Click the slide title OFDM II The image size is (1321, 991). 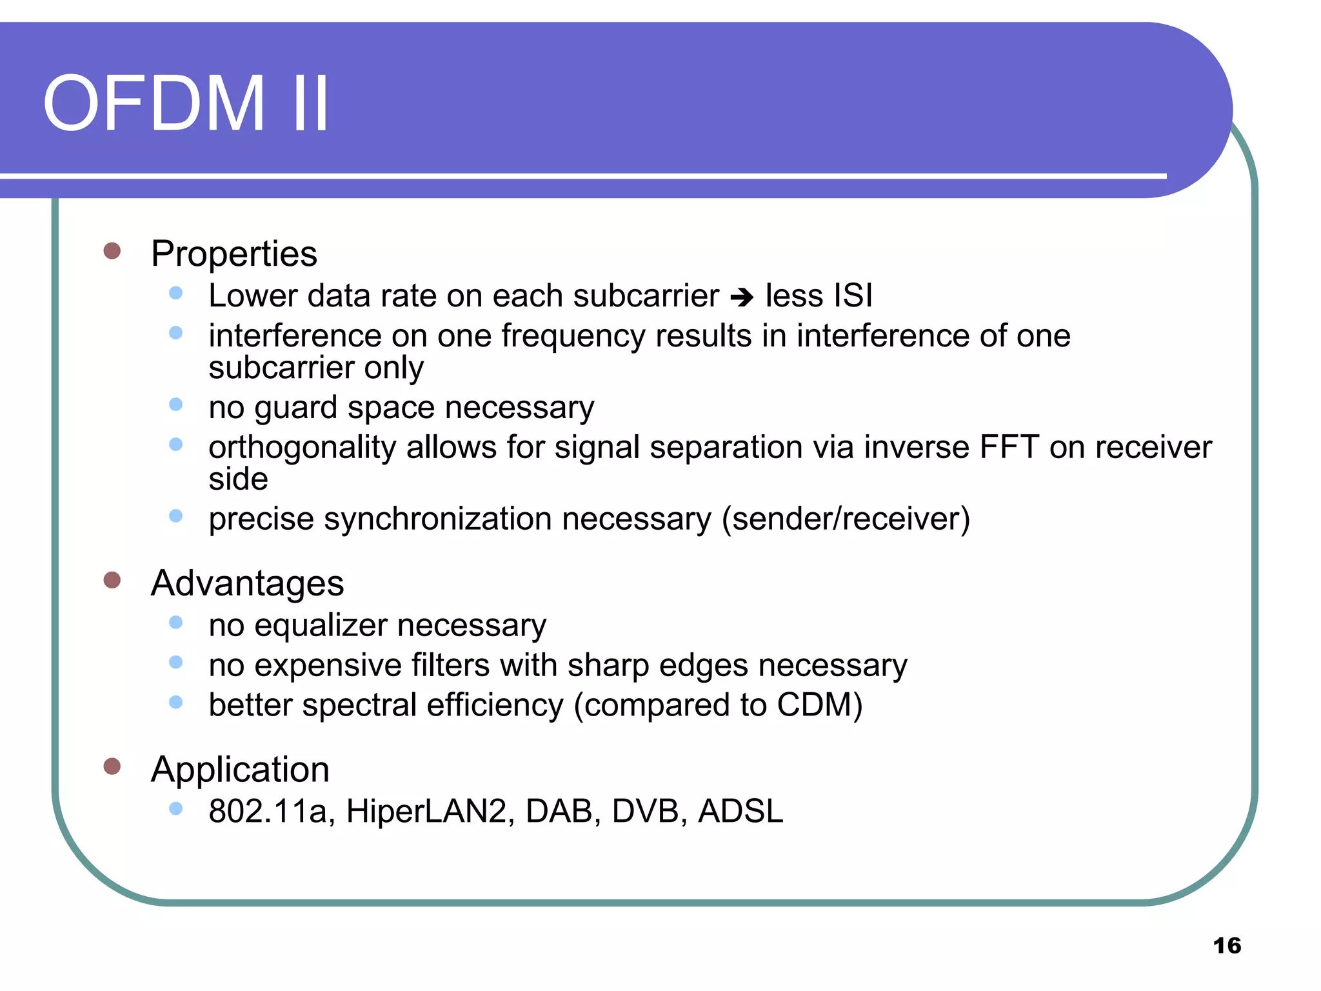[x=186, y=103]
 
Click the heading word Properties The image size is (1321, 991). [x=233, y=254]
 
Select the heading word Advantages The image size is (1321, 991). [x=247, y=583]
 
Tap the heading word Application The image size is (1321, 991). [x=240, y=769]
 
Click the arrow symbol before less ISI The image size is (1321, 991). [x=742, y=297]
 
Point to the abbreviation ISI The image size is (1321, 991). [x=853, y=295]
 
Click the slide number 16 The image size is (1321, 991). [x=1227, y=946]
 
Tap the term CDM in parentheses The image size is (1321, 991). [x=815, y=705]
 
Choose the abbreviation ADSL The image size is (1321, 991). [x=740, y=811]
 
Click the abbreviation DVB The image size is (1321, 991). [x=646, y=811]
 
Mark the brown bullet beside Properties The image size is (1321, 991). [x=112, y=251]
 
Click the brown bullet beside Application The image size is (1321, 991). [x=112, y=766]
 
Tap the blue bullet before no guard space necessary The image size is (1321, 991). [x=175, y=405]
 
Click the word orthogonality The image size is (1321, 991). [x=302, y=448]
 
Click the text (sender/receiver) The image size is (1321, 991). [x=846, y=519]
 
